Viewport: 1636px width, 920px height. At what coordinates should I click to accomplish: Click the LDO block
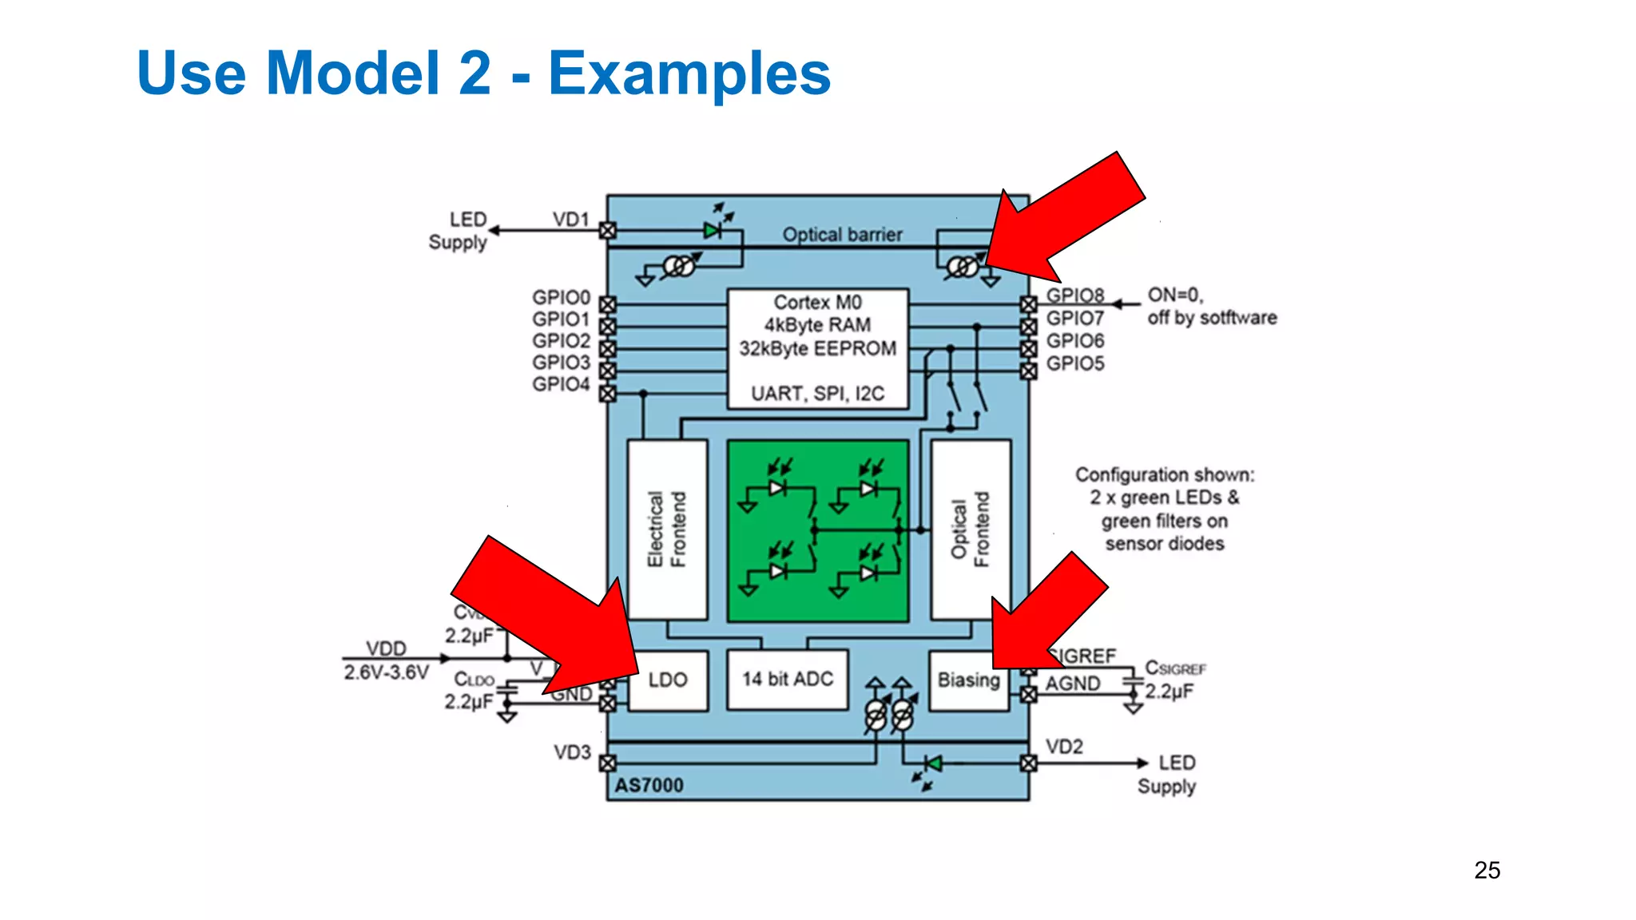click(x=668, y=680)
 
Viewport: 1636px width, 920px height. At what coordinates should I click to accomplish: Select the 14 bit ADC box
click(x=788, y=680)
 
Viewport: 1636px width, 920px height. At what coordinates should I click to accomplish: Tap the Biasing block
click(x=969, y=680)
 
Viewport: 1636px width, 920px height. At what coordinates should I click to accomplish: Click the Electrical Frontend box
click(x=668, y=529)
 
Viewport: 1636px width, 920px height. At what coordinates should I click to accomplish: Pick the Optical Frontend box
click(x=971, y=529)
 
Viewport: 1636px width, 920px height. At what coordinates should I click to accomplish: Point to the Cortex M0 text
click(x=817, y=303)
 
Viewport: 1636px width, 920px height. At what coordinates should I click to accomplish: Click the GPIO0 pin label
click(x=561, y=298)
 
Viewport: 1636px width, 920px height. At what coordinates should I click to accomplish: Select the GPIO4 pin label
click(x=561, y=385)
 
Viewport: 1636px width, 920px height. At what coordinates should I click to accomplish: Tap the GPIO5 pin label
click(x=1075, y=364)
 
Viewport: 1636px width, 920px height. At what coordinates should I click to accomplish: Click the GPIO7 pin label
click(x=1075, y=319)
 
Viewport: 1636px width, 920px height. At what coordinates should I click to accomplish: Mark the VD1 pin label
click(x=570, y=220)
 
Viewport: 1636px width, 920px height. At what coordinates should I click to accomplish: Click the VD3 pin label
click(x=572, y=753)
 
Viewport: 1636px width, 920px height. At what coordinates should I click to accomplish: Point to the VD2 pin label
click(x=1064, y=747)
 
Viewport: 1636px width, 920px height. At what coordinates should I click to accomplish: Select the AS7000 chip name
click(x=649, y=786)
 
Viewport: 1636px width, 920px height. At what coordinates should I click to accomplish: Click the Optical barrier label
click(x=842, y=235)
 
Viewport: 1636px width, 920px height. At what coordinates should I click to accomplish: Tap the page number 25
click(x=1487, y=870)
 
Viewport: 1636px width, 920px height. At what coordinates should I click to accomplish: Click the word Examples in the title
click(x=689, y=73)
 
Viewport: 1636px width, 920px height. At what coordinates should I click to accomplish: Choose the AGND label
click(x=1073, y=684)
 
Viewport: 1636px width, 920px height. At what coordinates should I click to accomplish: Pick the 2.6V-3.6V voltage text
click(x=387, y=672)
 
